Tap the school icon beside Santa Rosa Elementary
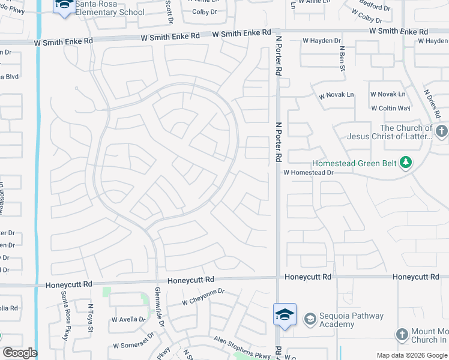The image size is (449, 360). coord(63,6)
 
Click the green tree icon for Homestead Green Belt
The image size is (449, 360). coord(406,162)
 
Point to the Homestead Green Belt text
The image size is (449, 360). coord(355,163)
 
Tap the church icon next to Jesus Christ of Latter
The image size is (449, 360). coord(441,131)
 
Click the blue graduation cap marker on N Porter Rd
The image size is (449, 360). coord(284,314)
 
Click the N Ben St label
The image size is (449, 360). coord(342,59)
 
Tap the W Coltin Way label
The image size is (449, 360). coord(390,109)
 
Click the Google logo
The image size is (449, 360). coord(20,353)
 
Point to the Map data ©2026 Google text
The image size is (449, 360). coord(412,355)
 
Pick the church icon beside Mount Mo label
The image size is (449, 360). coord(402,334)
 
